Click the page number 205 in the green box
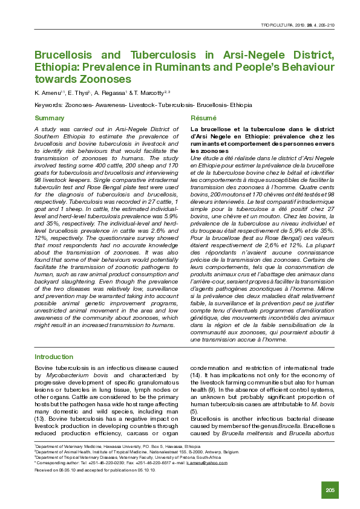coord(330,489)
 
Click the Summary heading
coord(50,118)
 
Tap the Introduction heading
coord(54,357)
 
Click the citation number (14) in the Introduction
coord(196,375)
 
